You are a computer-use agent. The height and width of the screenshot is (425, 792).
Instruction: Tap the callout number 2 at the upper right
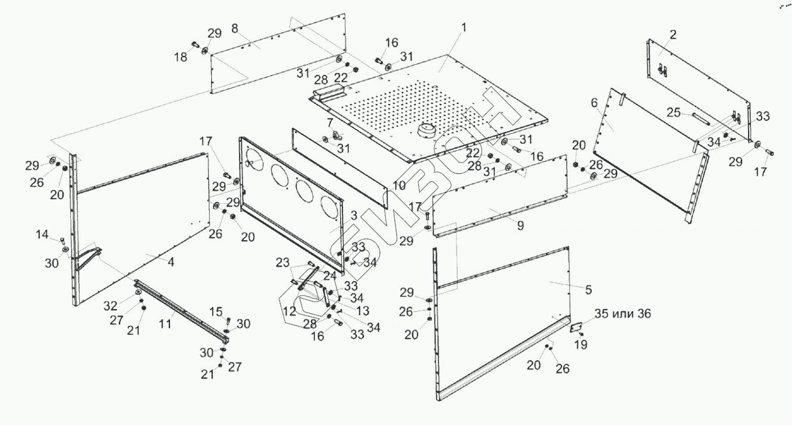[x=672, y=34]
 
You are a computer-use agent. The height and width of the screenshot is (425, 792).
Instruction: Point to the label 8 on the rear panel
[x=235, y=28]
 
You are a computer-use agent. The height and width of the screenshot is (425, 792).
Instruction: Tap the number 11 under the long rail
[x=165, y=323]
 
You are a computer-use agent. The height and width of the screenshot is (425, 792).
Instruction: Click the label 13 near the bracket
[x=362, y=310]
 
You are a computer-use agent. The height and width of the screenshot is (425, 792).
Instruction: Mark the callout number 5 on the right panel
[x=588, y=290]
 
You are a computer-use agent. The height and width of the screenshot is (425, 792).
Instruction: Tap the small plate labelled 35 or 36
[x=576, y=328]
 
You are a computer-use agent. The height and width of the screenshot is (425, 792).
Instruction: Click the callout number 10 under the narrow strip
[x=399, y=185]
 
